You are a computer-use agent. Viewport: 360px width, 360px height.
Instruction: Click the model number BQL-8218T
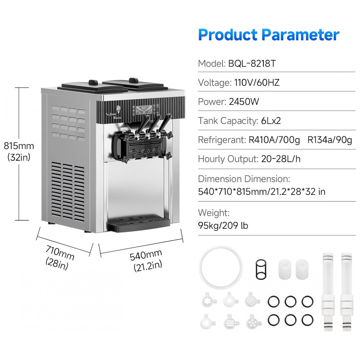click(x=252, y=63)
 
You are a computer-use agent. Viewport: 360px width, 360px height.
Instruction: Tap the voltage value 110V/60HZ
click(x=257, y=82)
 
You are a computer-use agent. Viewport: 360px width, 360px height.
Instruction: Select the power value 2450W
click(x=244, y=102)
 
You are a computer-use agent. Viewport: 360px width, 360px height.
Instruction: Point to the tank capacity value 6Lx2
click(x=271, y=121)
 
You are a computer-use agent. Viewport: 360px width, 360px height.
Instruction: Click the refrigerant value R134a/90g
click(x=330, y=140)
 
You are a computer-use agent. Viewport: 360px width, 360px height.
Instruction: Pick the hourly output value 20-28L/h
click(x=281, y=159)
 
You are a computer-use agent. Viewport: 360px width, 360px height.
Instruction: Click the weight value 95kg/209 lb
click(x=223, y=225)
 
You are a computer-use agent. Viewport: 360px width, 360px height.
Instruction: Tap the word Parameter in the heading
click(x=300, y=35)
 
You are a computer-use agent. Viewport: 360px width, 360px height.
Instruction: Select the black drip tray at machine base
click(x=139, y=222)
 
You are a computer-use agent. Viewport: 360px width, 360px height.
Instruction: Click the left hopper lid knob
click(x=93, y=82)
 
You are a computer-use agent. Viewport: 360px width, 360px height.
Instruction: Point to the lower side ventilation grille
click(x=68, y=192)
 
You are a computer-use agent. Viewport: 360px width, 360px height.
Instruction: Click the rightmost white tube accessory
click(x=347, y=291)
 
